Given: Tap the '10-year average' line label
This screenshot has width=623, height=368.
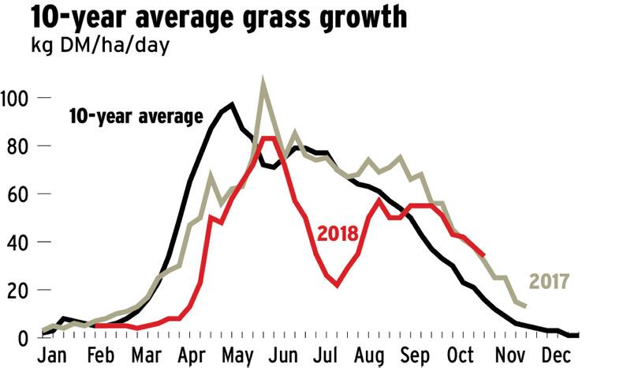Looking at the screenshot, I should [136, 116].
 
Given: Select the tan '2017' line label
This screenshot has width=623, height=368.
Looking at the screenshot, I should [550, 281].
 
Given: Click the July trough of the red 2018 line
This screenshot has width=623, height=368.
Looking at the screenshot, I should [337, 284].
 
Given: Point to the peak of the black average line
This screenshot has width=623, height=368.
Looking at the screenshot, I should [232, 104].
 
